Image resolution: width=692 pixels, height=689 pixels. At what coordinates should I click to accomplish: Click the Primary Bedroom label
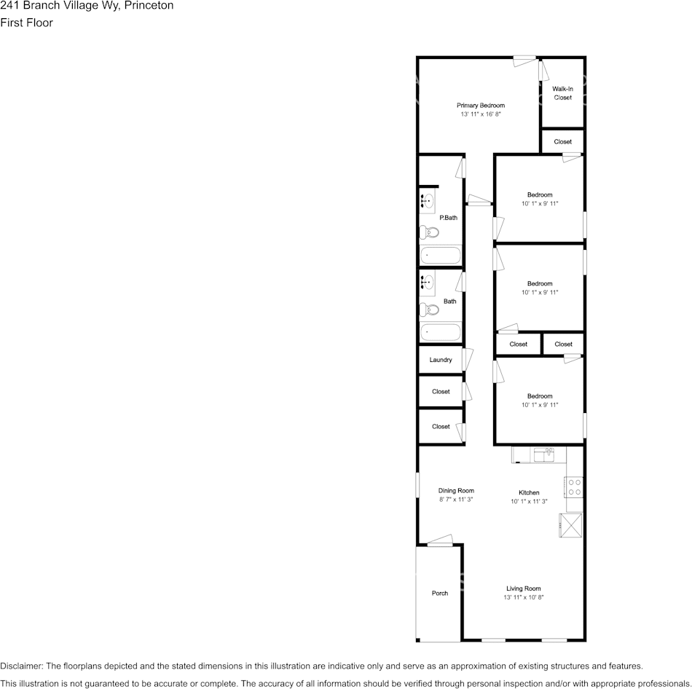tap(480, 106)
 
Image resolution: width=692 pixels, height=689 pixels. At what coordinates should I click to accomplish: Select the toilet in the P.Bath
tap(430, 233)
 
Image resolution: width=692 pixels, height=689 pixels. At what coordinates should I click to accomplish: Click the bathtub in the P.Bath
tap(441, 256)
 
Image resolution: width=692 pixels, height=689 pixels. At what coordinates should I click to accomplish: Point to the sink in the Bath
tap(428, 282)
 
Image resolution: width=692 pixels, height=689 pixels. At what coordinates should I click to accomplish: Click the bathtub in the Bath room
tap(441, 333)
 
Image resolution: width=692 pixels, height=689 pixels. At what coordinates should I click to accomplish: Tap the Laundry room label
tap(441, 360)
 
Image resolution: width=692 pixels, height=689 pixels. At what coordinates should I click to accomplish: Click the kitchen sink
tap(543, 455)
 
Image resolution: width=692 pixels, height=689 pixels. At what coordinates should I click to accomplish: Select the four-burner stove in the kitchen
tap(574, 487)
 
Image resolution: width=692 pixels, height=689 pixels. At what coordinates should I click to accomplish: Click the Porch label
tap(440, 593)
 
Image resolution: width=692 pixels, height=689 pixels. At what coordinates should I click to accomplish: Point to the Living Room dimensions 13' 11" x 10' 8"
tap(524, 597)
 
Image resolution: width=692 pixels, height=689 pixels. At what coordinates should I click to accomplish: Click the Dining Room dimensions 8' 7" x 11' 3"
tap(456, 500)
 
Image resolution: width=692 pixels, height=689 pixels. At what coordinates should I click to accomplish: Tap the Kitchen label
tap(529, 492)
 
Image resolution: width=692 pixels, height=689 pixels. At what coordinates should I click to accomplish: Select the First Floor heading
tap(27, 23)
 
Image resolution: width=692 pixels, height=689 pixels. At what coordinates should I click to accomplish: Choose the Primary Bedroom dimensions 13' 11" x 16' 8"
tap(480, 114)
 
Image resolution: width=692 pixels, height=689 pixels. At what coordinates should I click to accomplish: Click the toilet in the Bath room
tap(430, 310)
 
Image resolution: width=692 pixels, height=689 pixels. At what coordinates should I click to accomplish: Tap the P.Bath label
tap(448, 218)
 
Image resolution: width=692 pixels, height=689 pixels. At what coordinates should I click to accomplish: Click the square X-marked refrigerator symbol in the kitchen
tap(571, 526)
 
